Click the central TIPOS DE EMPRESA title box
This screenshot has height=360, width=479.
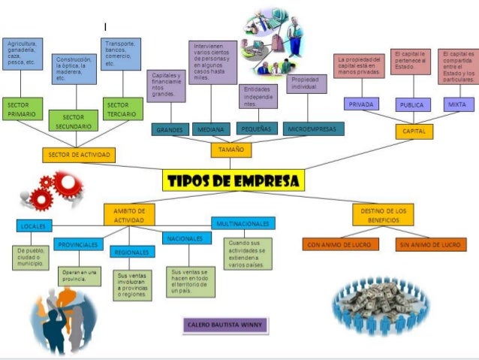[233, 180]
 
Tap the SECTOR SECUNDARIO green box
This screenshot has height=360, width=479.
[74, 122]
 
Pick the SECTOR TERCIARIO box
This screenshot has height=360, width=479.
[122, 109]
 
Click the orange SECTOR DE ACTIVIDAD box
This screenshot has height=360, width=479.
[78, 155]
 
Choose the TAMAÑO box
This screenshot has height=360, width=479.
[231, 150]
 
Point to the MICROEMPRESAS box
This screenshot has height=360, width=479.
[314, 129]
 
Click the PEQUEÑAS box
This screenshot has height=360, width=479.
[256, 129]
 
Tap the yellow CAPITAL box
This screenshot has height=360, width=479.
[414, 132]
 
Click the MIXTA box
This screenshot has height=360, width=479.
[457, 104]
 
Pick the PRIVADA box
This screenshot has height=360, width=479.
[360, 104]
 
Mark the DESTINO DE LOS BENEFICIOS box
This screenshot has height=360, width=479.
[382, 216]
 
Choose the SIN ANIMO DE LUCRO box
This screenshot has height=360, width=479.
[431, 244]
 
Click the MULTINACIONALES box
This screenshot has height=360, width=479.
[243, 223]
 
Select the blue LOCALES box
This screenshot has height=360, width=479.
[33, 225]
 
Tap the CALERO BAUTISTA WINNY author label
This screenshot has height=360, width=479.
[225, 325]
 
